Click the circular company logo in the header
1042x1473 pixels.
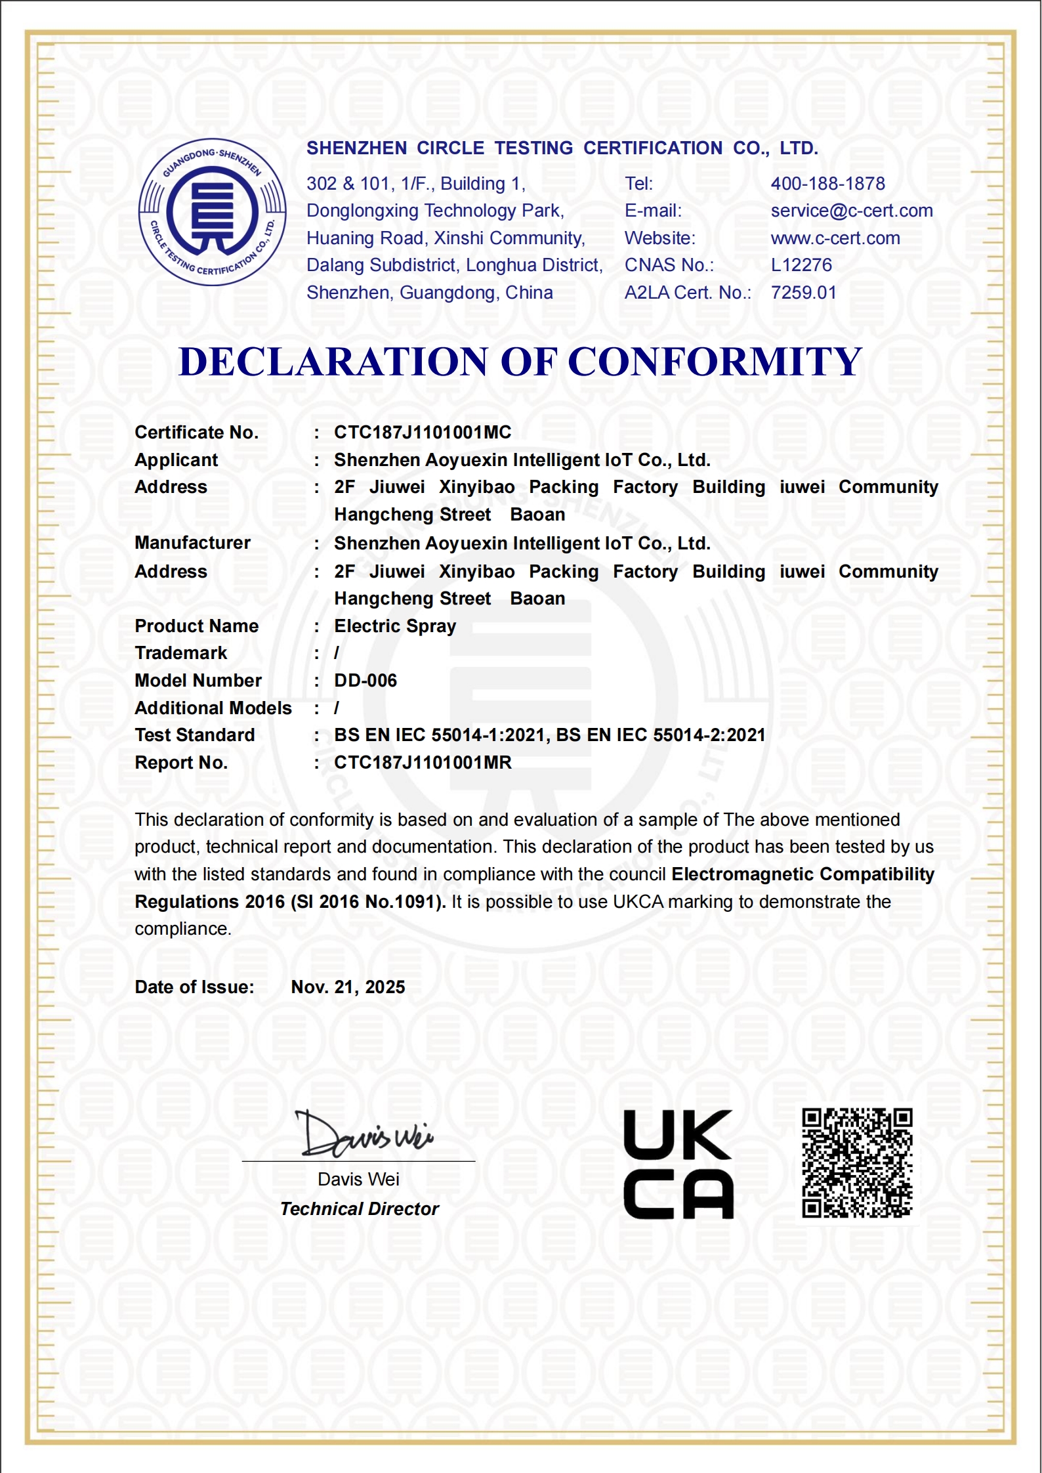point(212,212)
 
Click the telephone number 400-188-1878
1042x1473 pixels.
point(827,184)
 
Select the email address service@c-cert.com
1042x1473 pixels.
point(851,211)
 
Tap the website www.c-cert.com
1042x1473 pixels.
point(835,238)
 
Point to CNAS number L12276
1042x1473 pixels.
point(801,265)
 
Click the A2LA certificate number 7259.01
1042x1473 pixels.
point(803,293)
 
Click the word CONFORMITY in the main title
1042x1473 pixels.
point(714,362)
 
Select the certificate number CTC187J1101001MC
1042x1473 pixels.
point(422,433)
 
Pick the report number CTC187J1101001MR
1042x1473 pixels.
point(423,763)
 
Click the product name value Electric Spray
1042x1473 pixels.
point(394,626)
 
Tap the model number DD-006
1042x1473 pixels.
point(365,681)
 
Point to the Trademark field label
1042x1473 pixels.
point(180,653)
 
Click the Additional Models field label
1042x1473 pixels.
point(213,708)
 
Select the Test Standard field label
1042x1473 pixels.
point(194,735)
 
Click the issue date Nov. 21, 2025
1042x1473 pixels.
point(348,987)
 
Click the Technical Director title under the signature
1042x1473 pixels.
point(359,1209)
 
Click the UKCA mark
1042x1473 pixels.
point(678,1164)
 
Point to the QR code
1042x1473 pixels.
point(857,1163)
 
